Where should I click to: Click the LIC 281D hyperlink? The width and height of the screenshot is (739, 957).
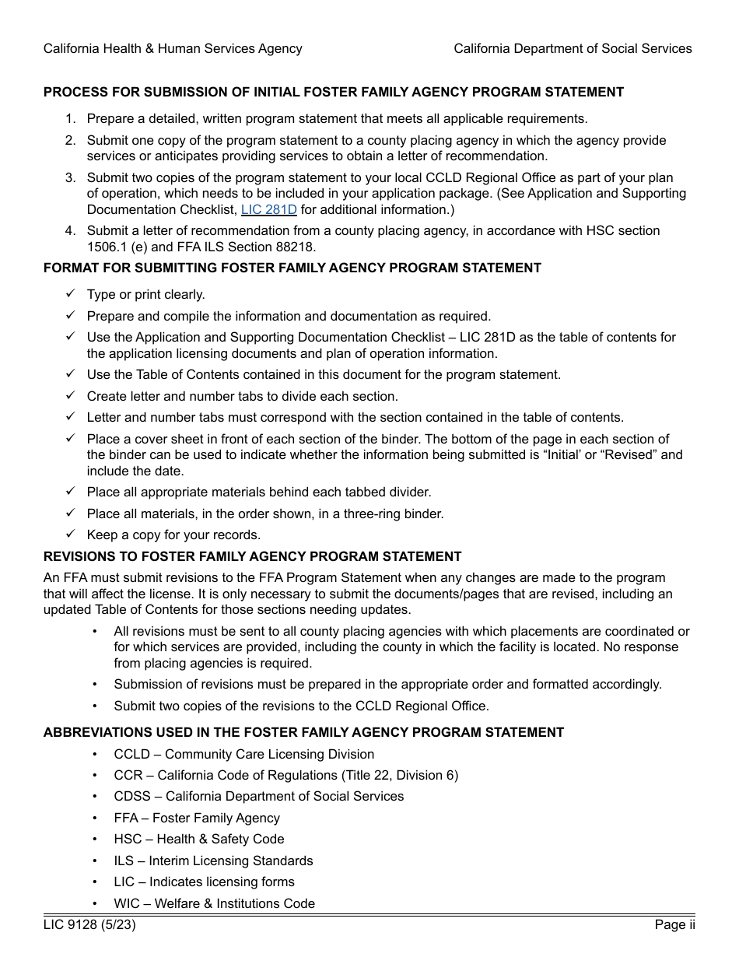click(x=268, y=210)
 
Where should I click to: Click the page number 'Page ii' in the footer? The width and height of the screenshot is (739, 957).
click(x=674, y=925)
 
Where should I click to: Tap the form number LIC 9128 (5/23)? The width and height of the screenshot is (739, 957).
click(x=83, y=925)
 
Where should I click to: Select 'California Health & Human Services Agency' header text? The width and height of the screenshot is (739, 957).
click(x=173, y=49)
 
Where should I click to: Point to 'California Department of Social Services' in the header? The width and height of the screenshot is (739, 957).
click(x=573, y=49)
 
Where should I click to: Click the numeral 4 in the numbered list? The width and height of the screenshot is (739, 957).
click(x=70, y=231)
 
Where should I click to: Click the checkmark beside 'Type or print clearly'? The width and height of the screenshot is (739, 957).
click(x=70, y=294)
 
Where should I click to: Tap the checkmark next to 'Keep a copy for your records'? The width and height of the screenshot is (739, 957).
click(x=70, y=535)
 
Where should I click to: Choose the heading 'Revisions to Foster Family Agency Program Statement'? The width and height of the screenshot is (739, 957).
click(x=252, y=557)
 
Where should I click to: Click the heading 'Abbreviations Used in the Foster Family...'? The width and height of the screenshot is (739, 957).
click(x=303, y=733)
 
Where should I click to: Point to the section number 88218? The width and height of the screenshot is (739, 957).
click(x=298, y=247)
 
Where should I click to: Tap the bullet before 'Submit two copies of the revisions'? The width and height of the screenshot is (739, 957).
click(x=95, y=706)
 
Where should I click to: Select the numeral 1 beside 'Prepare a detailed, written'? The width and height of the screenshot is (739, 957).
click(x=70, y=119)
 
